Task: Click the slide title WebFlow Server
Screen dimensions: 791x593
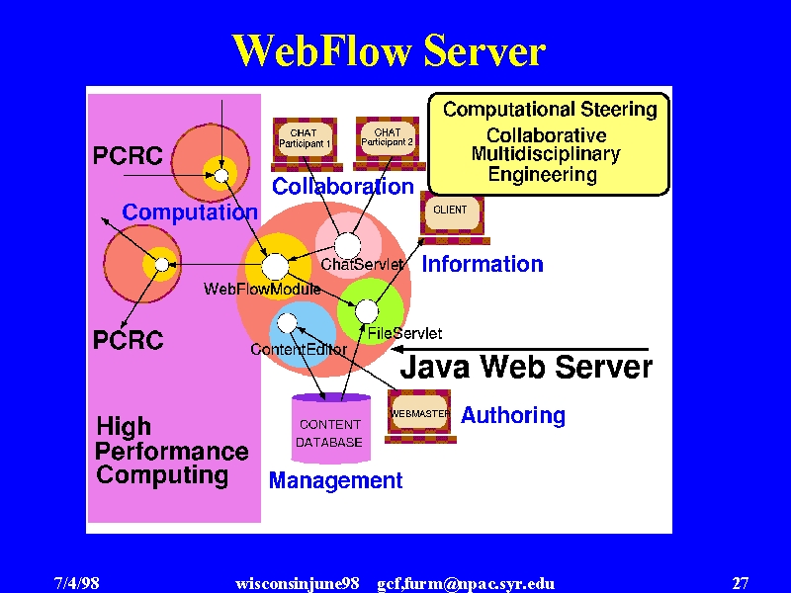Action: tap(389, 50)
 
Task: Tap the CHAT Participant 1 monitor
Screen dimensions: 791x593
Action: tap(307, 144)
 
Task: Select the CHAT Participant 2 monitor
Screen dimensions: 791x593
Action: tap(389, 143)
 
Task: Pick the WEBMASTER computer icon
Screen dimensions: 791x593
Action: tap(420, 416)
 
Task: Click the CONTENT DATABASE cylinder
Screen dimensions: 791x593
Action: tap(331, 428)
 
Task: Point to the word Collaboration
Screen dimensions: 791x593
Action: tap(343, 187)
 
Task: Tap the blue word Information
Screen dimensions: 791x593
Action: tap(483, 264)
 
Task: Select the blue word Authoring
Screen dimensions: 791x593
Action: tap(513, 415)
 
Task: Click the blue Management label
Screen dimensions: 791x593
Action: tap(336, 480)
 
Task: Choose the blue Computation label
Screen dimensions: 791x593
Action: tap(190, 212)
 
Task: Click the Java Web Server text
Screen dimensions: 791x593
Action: tap(526, 367)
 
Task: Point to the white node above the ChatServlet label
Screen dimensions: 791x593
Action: tap(348, 246)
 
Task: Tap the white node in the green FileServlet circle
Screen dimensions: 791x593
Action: tap(367, 311)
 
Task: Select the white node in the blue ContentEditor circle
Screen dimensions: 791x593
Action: tap(288, 323)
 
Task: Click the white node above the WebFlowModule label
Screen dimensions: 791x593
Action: tap(275, 266)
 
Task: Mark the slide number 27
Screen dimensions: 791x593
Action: tap(741, 583)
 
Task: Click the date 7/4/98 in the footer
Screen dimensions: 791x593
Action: tap(77, 583)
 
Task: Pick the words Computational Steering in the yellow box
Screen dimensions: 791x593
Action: tap(550, 110)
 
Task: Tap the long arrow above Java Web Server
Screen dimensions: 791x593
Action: tap(520, 349)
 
